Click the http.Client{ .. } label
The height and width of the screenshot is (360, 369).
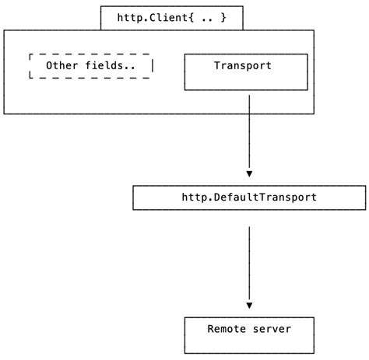[172, 18]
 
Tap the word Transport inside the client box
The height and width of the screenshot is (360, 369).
[243, 65]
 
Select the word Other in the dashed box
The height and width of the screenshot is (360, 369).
[62, 65]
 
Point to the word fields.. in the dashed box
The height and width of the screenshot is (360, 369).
[111, 65]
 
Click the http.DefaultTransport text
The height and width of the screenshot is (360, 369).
[249, 197]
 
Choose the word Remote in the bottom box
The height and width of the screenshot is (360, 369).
[227, 329]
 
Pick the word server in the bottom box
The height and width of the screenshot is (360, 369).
[272, 329]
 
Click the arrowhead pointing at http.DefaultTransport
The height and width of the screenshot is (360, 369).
[249, 174]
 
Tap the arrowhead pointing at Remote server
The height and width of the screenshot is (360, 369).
[249, 306]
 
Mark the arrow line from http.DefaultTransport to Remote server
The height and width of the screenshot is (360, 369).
[249, 267]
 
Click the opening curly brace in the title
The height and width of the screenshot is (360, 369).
[191, 18]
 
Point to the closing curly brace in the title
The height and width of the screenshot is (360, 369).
[223, 18]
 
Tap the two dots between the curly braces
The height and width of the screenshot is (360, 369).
[207, 20]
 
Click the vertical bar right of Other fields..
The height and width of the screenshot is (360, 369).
[153, 65]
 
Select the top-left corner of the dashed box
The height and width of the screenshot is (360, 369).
[30, 54]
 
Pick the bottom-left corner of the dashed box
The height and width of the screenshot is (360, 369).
[30, 77]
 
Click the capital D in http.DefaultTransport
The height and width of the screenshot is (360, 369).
[217, 197]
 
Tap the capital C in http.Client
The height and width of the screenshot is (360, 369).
[153, 18]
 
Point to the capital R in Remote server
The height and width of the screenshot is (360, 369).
[210, 329]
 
